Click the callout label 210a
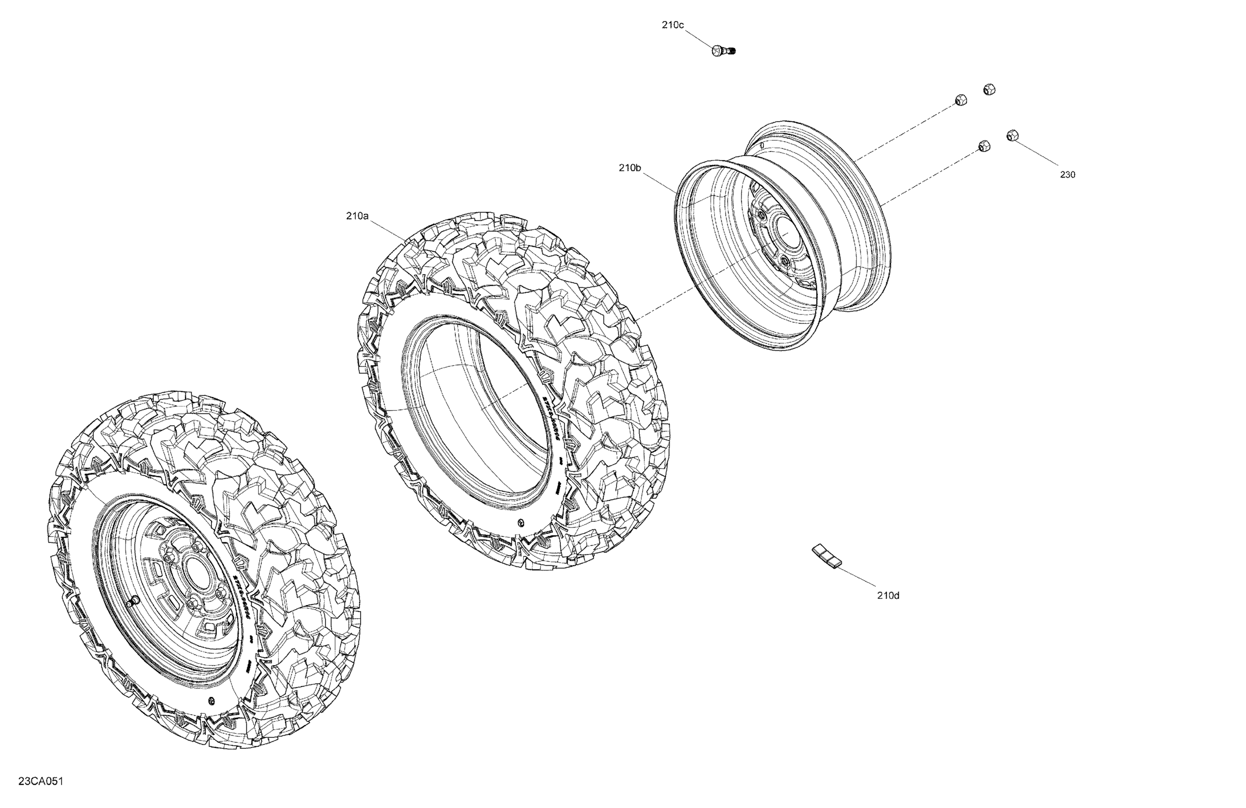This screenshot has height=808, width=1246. coord(357,216)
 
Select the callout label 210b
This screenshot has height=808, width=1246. coord(630,167)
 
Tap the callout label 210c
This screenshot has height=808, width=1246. coord(673,25)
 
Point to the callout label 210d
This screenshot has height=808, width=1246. coord(888,595)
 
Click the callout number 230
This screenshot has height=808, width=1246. coord(1067,174)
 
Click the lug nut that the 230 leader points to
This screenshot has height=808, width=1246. coord(1012,135)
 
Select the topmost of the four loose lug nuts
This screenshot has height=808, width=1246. coord(989,90)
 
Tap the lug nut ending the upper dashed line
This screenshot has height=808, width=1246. coord(961,100)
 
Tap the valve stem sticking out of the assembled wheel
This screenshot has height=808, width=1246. coord(132,602)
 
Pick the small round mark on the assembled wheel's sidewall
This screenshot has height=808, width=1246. coord(211,701)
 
